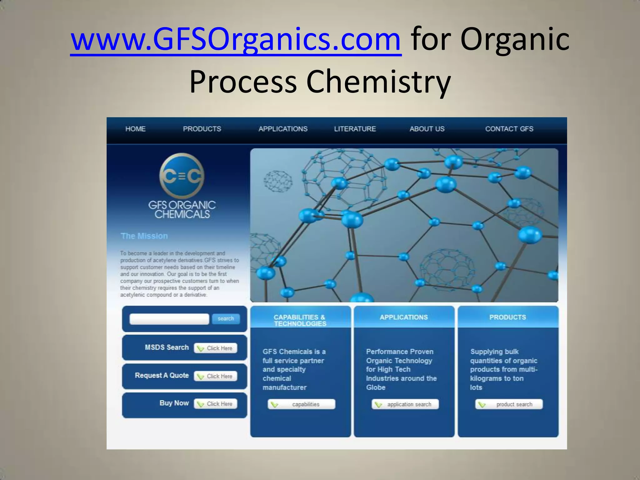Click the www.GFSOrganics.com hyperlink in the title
pyautogui.click(x=236, y=40)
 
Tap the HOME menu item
pyautogui.click(x=135, y=129)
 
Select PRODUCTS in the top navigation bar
pyautogui.click(x=202, y=129)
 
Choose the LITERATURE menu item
pyautogui.click(x=355, y=129)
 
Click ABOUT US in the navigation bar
pyautogui.click(x=427, y=129)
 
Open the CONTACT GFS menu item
pyautogui.click(x=509, y=129)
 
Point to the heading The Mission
pyautogui.click(x=144, y=236)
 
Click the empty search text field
pyautogui.click(x=169, y=319)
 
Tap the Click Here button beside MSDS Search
pyautogui.click(x=216, y=348)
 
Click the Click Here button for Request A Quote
pyautogui.click(x=216, y=376)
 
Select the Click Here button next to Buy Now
pyautogui.click(x=216, y=404)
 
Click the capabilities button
pyautogui.click(x=301, y=404)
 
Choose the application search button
pyautogui.click(x=405, y=404)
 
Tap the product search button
pyautogui.click(x=509, y=404)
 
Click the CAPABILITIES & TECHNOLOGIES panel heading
pyautogui.click(x=300, y=320)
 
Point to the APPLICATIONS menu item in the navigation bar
pyautogui.click(x=283, y=129)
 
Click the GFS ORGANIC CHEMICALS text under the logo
pyautogui.click(x=182, y=209)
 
